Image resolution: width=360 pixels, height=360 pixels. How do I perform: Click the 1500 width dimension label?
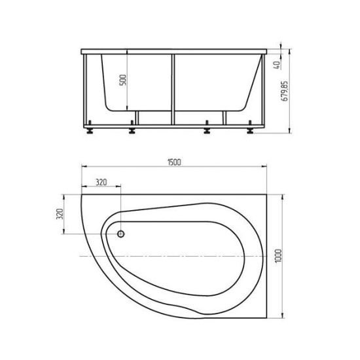click(x=174, y=162)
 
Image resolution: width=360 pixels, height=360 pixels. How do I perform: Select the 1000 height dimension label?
click(x=278, y=256)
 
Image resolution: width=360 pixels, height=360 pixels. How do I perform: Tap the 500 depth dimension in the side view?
click(x=123, y=80)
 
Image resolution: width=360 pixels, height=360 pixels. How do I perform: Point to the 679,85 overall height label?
click(x=285, y=91)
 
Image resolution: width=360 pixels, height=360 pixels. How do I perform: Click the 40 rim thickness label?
click(x=277, y=65)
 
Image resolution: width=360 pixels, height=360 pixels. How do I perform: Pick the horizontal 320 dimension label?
click(x=101, y=183)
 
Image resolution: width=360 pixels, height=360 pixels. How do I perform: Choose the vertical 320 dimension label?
click(x=60, y=214)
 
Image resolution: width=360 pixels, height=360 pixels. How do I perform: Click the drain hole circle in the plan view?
click(x=121, y=234)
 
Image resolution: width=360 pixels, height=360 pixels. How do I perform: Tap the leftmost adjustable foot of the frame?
click(x=90, y=127)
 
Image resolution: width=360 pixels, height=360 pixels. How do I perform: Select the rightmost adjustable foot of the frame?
click(x=250, y=127)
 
